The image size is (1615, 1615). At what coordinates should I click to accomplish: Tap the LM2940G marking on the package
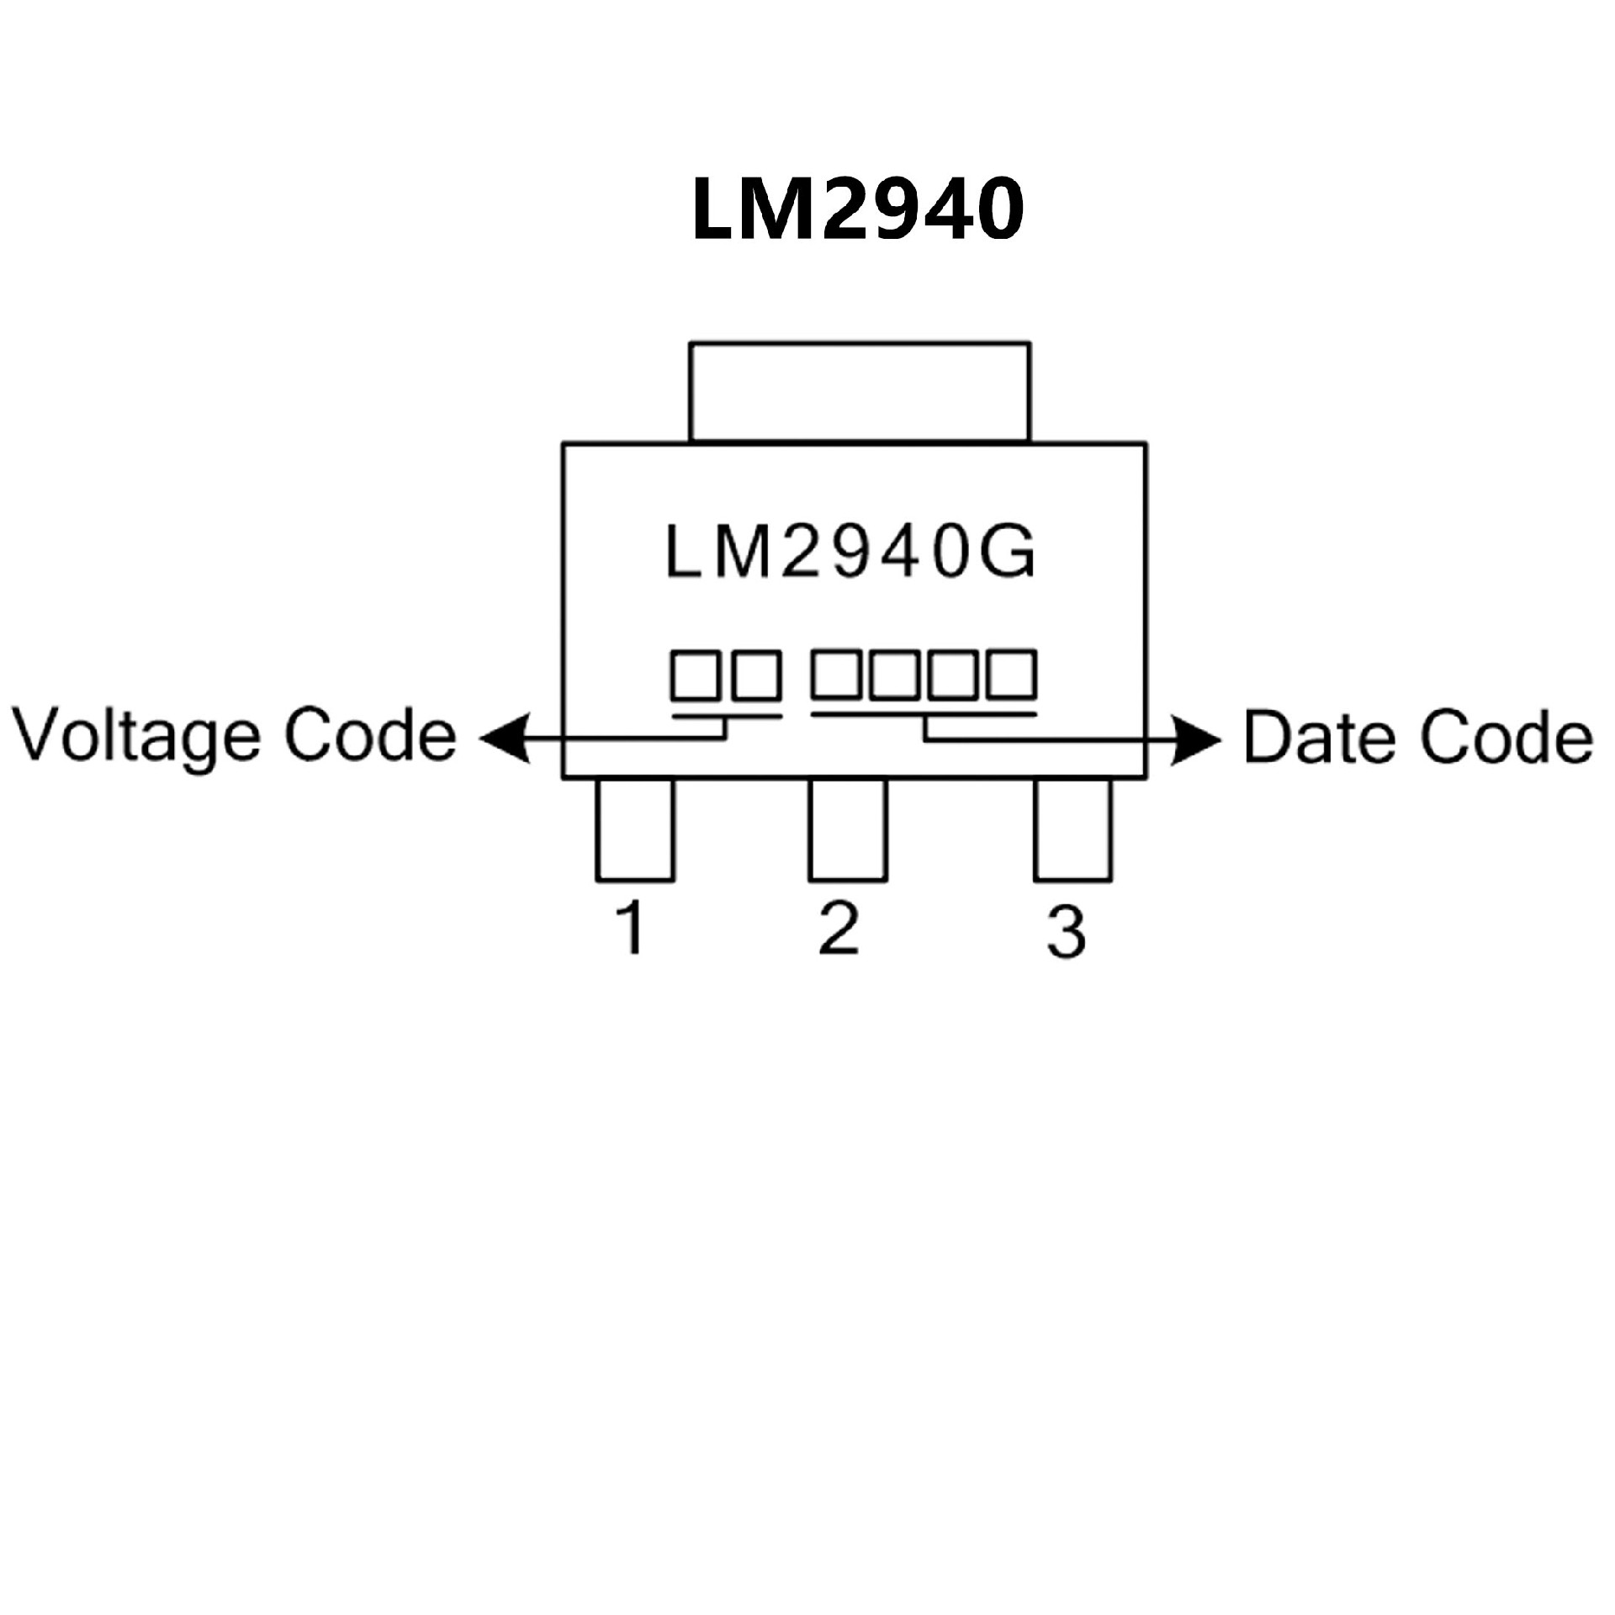coord(850,553)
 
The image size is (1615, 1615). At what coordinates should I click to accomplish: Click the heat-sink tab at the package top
coord(859,391)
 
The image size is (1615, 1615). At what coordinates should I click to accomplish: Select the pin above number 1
coord(635,829)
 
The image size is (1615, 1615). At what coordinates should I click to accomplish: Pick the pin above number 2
coord(847,829)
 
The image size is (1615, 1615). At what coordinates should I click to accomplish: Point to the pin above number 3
coord(1072,829)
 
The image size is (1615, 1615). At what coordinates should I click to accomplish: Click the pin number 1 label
coord(631,928)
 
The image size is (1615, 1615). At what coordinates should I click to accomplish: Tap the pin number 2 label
coord(839,928)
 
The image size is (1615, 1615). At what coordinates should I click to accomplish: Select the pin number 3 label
coord(1067,931)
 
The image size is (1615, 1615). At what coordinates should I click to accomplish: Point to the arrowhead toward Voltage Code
coord(505,739)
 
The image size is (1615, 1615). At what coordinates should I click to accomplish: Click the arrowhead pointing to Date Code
coord(1195,741)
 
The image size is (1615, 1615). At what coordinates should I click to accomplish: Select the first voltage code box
coord(696,675)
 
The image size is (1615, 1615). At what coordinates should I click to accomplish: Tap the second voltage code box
coord(756,675)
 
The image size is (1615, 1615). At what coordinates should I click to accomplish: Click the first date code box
coord(836,673)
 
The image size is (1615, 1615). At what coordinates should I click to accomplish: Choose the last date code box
coord(1012,673)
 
